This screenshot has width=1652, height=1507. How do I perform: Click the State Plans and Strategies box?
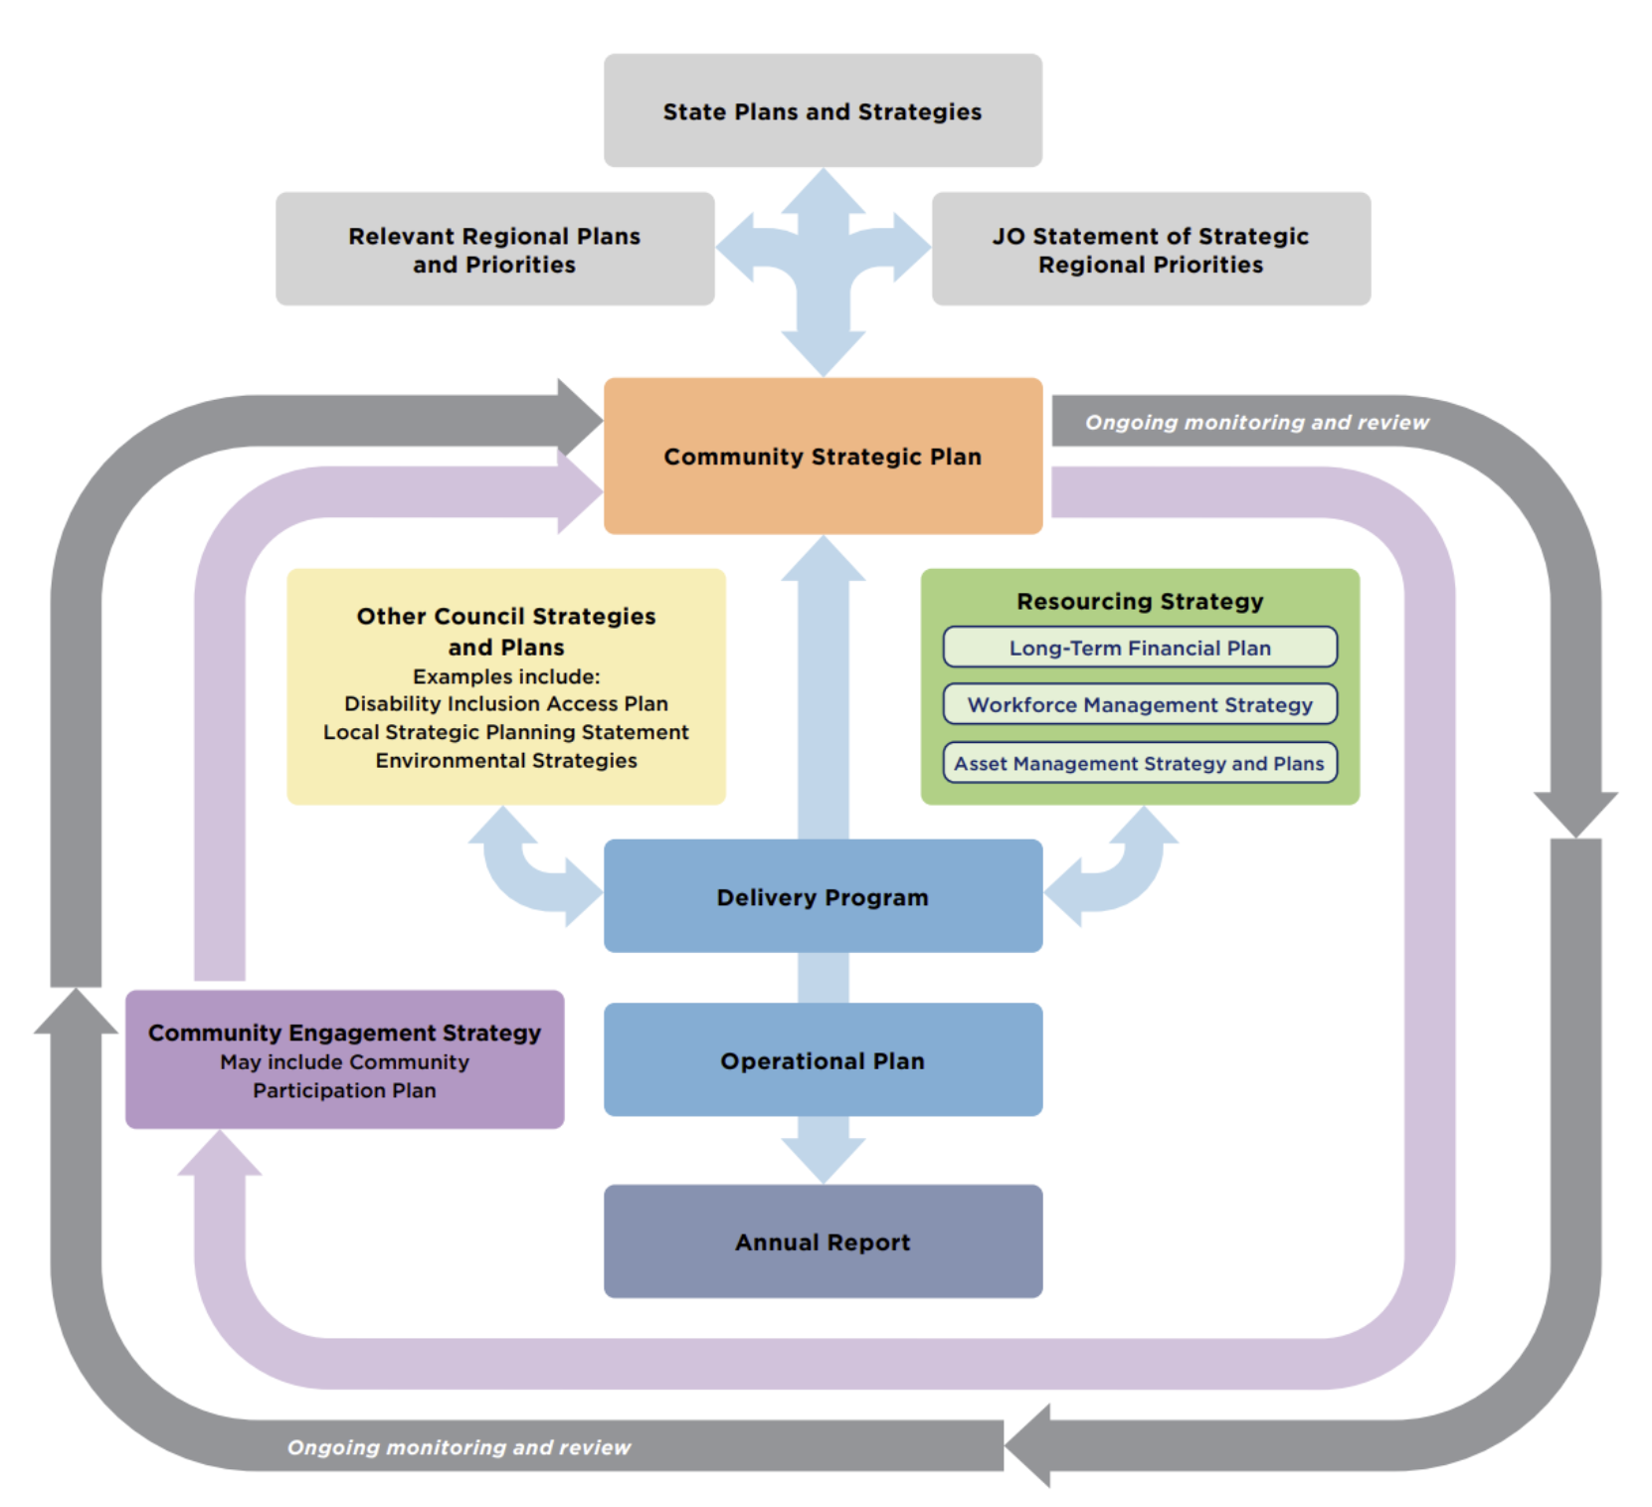click(x=823, y=110)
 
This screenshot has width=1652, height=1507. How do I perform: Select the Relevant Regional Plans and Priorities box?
click(x=494, y=249)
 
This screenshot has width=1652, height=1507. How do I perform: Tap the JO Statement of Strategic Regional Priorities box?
click(x=1151, y=249)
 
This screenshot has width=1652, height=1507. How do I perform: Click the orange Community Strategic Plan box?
click(x=823, y=456)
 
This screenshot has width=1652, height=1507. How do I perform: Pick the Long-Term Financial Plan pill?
click(x=1140, y=648)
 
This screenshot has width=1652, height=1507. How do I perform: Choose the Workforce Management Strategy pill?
click(x=1140, y=704)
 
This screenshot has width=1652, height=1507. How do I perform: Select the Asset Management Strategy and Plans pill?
click(x=1140, y=763)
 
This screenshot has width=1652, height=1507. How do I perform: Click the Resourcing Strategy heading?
click(x=1140, y=601)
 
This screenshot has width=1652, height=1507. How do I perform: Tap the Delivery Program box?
click(x=823, y=896)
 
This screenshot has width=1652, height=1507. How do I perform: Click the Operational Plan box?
click(x=823, y=1060)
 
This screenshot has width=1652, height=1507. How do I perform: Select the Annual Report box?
click(x=823, y=1241)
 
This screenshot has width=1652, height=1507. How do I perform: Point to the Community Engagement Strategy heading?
click(x=344, y=1033)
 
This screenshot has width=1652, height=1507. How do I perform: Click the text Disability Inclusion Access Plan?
click(x=505, y=703)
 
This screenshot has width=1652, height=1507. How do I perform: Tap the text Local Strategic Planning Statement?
click(x=505, y=732)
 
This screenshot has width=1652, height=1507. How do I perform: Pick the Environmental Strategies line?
click(x=505, y=760)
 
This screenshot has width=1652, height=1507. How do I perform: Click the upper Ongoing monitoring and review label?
click(x=1256, y=422)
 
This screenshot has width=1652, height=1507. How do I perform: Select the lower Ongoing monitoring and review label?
click(x=459, y=1447)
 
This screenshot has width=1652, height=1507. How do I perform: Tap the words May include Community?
click(x=344, y=1061)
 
